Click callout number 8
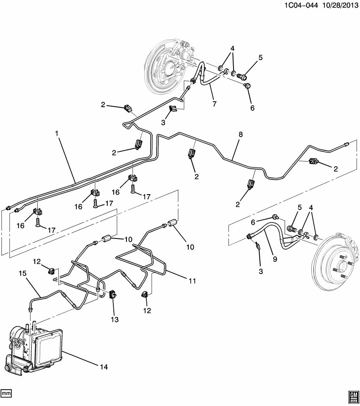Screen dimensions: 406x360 point(240,134)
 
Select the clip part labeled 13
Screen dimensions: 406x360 point(113,295)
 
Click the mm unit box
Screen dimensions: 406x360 point(6,393)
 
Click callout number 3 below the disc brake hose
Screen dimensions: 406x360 point(261,271)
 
